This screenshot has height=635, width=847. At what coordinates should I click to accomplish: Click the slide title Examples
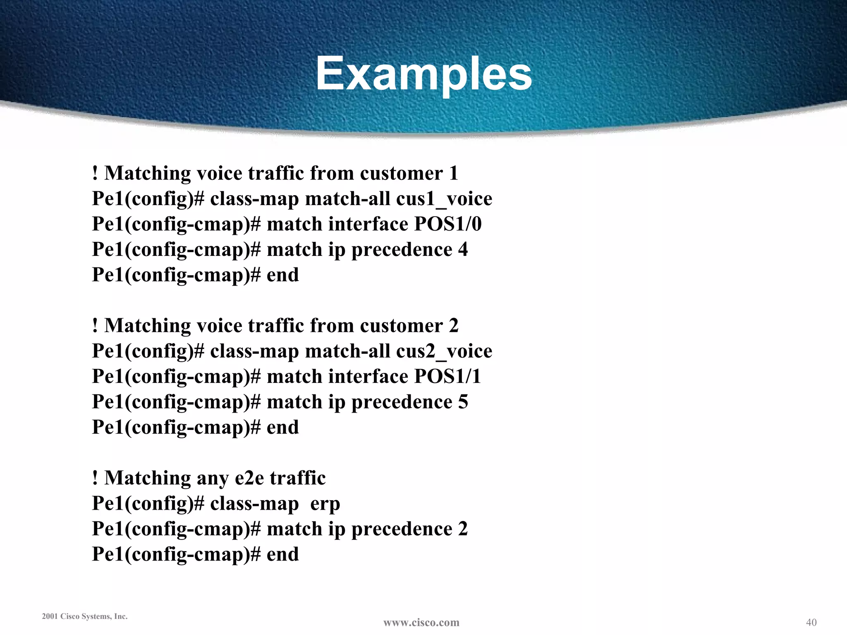(x=423, y=74)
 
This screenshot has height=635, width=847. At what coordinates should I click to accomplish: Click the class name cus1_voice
(x=444, y=199)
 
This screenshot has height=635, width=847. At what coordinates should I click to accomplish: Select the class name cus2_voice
(x=444, y=351)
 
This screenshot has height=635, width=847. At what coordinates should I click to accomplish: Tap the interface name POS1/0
(x=448, y=224)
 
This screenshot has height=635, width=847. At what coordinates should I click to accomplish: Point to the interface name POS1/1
(x=447, y=377)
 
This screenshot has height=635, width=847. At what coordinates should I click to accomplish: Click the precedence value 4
(x=463, y=250)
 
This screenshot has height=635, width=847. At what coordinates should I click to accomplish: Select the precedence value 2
(x=463, y=529)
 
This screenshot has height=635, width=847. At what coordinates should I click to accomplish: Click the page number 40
(x=811, y=622)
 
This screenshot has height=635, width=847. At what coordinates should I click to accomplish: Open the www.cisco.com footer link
(x=421, y=622)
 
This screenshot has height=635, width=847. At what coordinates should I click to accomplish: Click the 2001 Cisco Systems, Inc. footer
(x=85, y=616)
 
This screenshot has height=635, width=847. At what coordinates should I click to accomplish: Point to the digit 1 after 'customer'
(x=454, y=173)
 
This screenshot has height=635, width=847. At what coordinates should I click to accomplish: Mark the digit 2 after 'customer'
(x=454, y=326)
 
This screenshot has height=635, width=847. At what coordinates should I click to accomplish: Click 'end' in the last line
(x=282, y=554)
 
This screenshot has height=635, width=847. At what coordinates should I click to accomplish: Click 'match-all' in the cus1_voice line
(x=347, y=199)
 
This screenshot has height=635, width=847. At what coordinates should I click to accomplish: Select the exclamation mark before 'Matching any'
(x=95, y=478)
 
